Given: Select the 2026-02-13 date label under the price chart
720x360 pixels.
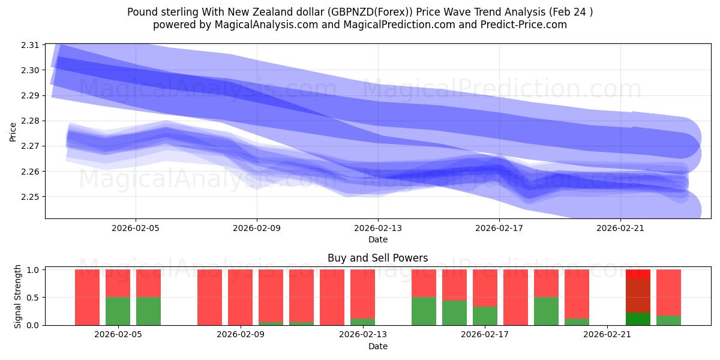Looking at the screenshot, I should (x=378, y=228).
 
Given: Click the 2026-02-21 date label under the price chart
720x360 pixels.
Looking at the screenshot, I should (x=620, y=228).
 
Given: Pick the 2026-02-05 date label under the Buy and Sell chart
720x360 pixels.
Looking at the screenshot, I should (x=118, y=335).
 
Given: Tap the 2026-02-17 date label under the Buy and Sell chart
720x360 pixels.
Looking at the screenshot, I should (x=485, y=335).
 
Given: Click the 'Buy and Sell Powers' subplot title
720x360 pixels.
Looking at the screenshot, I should (x=377, y=259).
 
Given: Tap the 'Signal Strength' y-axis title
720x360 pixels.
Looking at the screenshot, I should (x=18, y=296).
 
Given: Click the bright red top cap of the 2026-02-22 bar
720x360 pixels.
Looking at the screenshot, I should (x=638, y=274).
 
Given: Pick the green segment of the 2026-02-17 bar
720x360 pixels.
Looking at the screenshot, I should (x=485, y=316).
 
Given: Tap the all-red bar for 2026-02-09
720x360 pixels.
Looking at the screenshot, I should (x=240, y=297).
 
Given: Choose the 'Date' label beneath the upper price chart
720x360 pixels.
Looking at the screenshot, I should (x=377, y=239).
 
